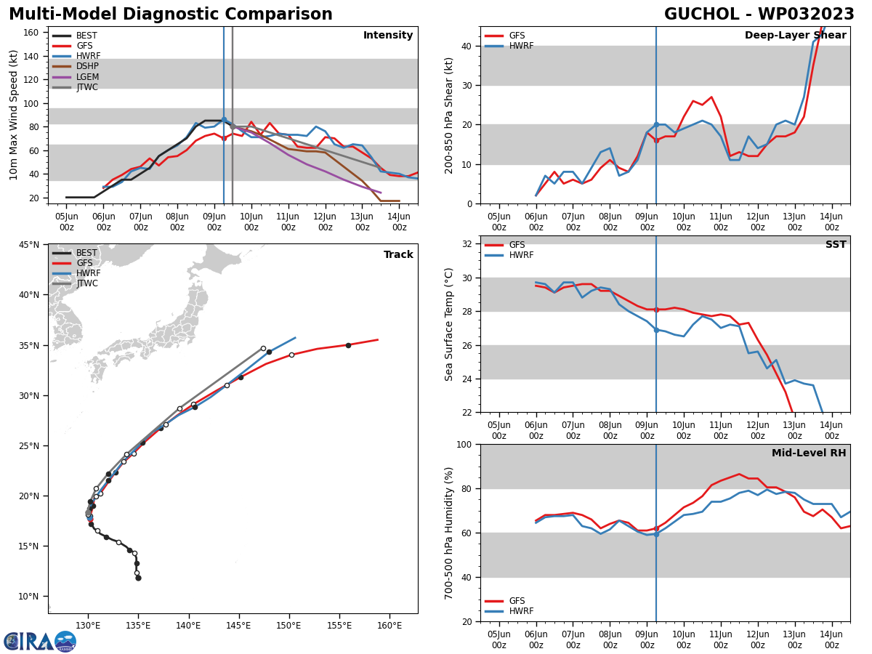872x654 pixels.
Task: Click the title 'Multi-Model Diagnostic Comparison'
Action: pyautogui.click(x=170, y=15)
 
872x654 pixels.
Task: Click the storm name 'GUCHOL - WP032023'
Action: pyautogui.click(x=759, y=15)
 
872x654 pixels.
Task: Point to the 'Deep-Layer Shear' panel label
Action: pyautogui.click(x=795, y=36)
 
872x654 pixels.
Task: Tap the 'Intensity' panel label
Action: pyautogui.click(x=387, y=36)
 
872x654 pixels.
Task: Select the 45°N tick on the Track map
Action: pyautogui.click(x=29, y=245)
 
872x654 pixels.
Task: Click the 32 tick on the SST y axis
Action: pyautogui.click(x=469, y=244)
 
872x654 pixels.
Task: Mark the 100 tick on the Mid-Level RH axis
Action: pyautogui.click(x=465, y=445)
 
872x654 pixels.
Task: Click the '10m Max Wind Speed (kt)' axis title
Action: pyautogui.click(x=14, y=114)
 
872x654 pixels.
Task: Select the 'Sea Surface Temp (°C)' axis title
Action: pyautogui.click(x=449, y=324)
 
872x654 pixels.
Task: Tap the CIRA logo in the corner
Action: pyautogui.click(x=40, y=641)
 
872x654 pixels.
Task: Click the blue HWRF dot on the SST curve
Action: pyautogui.click(x=656, y=330)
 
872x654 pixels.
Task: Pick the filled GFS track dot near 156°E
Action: pyautogui.click(x=348, y=345)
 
